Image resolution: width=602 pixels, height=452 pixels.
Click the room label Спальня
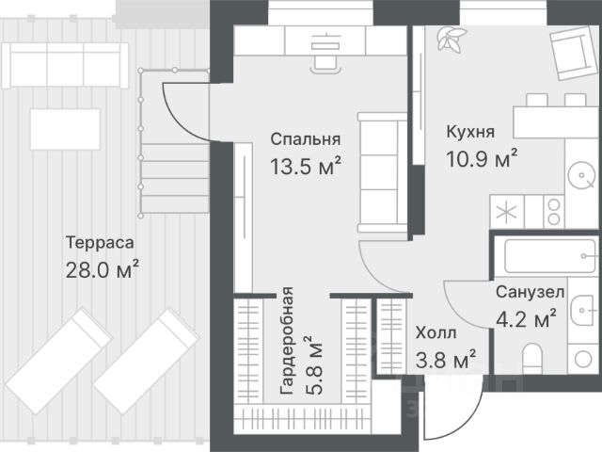pos(305,139)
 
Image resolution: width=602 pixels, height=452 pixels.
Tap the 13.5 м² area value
pos(306,166)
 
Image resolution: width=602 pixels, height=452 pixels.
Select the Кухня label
pos(470,132)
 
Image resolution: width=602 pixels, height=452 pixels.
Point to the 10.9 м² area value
pos(482,158)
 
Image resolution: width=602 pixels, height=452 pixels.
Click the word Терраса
pos(100,243)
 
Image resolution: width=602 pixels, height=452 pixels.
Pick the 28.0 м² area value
pos(103,269)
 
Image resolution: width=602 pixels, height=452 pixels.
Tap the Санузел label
pos(530,292)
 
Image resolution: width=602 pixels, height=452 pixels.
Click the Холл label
pos(436,332)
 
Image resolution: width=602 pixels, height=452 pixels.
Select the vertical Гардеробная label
pos(287,341)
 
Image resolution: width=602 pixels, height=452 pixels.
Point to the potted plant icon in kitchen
pos(451,39)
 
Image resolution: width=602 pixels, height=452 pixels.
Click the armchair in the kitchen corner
pos(574,53)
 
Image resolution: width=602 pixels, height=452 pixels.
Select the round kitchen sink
pos(582,175)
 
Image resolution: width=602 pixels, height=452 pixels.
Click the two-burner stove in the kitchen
pos(554,212)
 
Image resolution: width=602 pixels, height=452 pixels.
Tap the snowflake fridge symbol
pos(507,213)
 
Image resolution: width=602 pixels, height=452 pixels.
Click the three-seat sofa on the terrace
pos(65,65)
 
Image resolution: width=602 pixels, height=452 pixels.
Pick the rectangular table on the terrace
pos(65,130)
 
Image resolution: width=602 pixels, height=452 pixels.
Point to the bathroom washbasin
pos(582,310)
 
